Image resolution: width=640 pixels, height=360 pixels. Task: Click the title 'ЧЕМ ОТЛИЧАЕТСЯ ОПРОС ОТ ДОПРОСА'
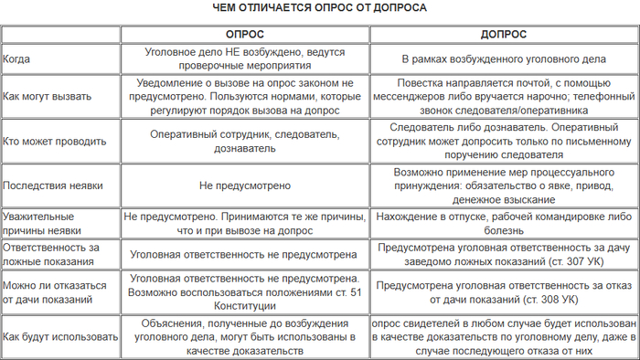(320, 7)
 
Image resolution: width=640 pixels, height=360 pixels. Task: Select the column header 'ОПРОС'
(244, 35)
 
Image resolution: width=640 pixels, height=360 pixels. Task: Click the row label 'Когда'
(17, 58)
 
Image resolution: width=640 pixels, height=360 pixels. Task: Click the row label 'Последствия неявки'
(52, 185)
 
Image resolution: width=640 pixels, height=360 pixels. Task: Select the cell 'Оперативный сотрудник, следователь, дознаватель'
(244, 141)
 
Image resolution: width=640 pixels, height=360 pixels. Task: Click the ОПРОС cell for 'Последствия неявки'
(244, 185)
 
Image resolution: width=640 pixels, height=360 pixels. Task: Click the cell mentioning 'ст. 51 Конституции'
(244, 292)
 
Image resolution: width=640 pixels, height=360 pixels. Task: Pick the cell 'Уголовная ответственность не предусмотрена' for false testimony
(244, 255)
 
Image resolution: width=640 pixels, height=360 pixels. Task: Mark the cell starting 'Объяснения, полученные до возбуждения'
(244, 336)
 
